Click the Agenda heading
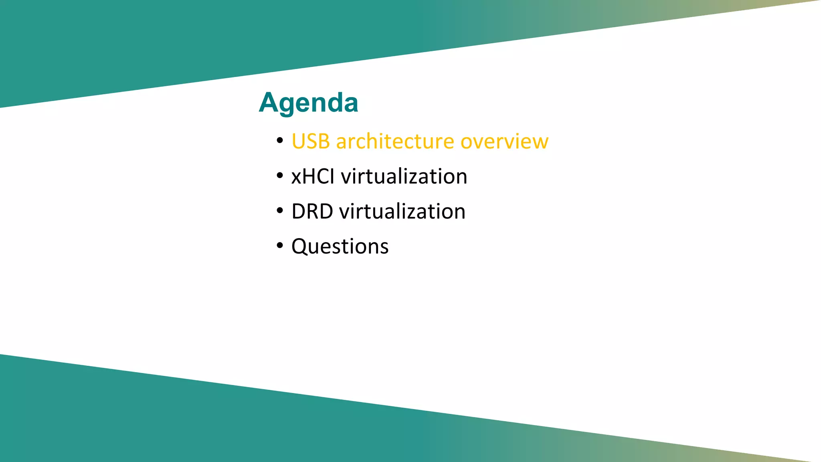[308, 103]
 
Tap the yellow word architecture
[395, 142]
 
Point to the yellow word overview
[504, 142]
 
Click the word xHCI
[313, 176]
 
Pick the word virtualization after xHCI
[404, 176]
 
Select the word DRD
[312, 211]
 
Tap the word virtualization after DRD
[402, 211]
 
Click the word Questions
[340, 246]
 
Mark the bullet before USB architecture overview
[280, 141]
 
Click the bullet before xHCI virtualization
[280, 176]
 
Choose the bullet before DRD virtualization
[280, 211]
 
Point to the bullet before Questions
[280, 245]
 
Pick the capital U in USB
[299, 142]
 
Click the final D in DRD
[325, 211]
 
